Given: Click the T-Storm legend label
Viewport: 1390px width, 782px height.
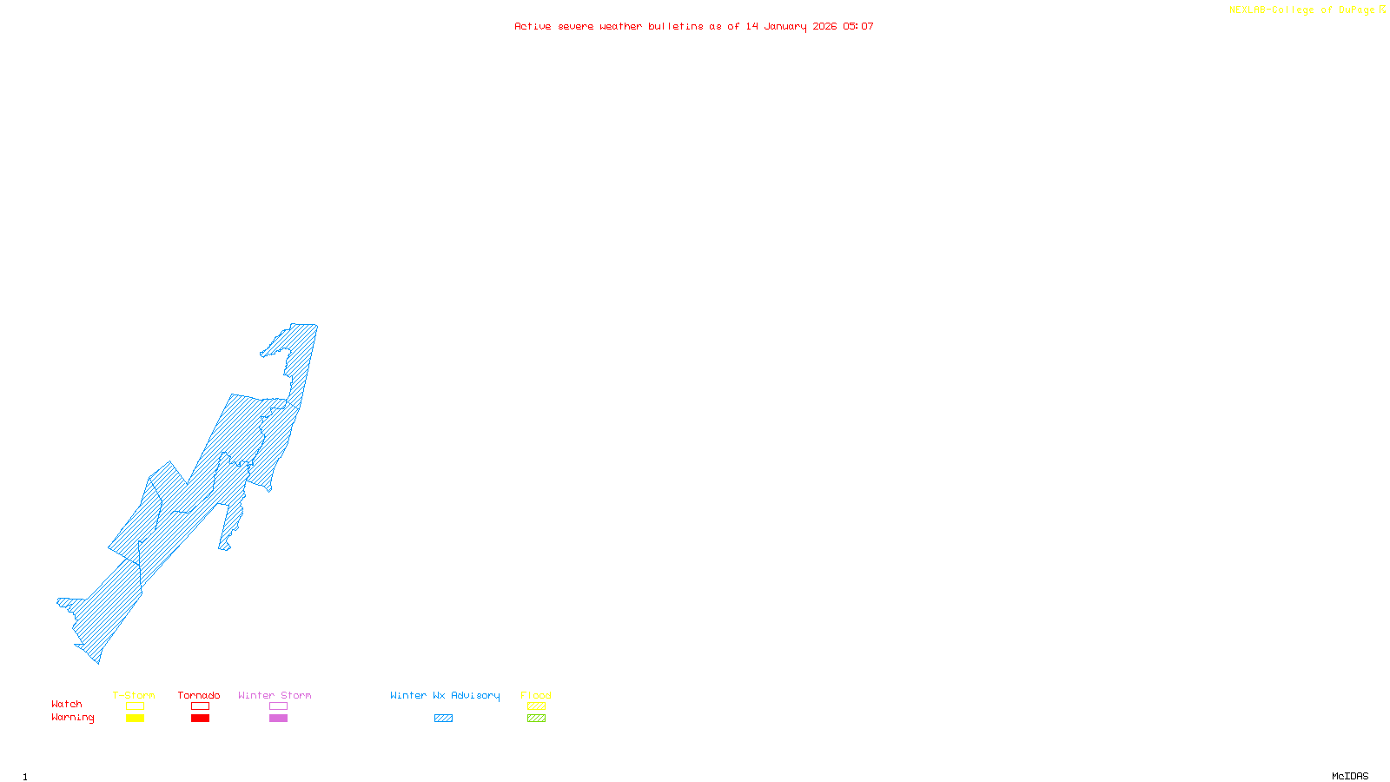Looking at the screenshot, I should (x=134, y=695).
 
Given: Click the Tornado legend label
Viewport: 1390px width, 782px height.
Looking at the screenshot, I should (x=199, y=695).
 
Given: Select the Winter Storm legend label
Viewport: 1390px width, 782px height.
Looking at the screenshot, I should (x=275, y=695).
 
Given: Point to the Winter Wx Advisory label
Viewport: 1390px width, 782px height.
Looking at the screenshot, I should (x=445, y=695).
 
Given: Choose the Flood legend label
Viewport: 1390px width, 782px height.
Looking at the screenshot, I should (x=536, y=695).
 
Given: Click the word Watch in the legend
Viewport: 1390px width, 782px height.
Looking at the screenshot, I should (x=67, y=704).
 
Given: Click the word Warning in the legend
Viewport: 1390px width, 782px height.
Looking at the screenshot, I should (x=73, y=718).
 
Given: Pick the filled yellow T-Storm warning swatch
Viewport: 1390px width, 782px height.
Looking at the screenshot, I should (x=135, y=719).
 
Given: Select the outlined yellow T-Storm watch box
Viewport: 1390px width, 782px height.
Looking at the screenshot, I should (x=135, y=706).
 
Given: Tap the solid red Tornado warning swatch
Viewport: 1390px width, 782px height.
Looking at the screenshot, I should (x=200, y=719).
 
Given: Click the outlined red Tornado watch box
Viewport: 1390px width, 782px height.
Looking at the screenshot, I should (x=200, y=706).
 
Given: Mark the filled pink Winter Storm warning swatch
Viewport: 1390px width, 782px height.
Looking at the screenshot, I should (x=278, y=719).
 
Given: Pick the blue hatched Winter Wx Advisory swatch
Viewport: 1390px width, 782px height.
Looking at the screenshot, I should (x=443, y=719).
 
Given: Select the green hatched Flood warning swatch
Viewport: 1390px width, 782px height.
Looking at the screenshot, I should (x=536, y=719).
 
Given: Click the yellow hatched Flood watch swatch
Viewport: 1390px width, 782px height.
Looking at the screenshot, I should (x=536, y=706).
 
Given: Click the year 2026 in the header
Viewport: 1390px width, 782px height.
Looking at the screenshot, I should (x=825, y=26).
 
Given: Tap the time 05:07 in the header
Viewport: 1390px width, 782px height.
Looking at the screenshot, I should (x=858, y=26).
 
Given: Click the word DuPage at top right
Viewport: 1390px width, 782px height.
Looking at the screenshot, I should (x=1357, y=10).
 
